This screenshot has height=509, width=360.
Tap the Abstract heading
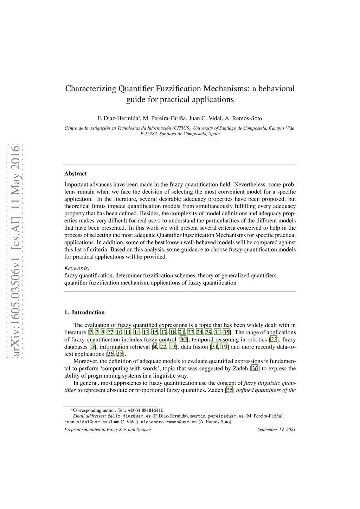point(75,174)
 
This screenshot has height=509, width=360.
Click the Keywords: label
point(77,268)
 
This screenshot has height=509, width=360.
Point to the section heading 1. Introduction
point(84,312)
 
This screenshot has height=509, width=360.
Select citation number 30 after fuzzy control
point(183,340)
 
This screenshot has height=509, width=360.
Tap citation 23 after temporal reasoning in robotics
point(274,340)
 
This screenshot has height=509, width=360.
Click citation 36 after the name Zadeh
point(255,368)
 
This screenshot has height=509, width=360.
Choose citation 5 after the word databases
point(92,347)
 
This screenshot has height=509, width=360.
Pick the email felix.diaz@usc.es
point(129,416)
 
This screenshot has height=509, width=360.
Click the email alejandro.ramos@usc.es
point(169,422)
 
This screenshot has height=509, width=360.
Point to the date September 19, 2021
point(276,429)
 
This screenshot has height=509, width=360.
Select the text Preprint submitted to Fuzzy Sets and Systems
point(108,429)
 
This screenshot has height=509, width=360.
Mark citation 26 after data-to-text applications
point(110,354)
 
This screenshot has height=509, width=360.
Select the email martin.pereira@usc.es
point(217,416)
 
